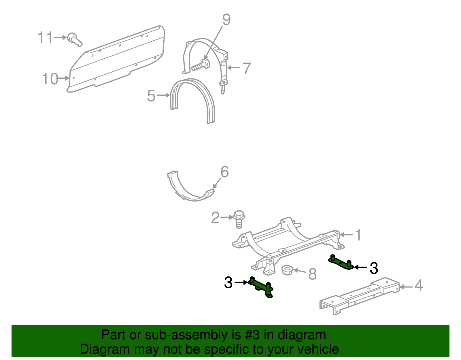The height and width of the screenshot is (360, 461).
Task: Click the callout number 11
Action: click(x=46, y=37)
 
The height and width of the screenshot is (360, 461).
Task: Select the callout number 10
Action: click(x=50, y=79)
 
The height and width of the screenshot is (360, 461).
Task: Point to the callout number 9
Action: click(x=226, y=20)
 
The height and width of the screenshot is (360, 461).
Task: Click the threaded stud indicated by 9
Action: click(x=199, y=67)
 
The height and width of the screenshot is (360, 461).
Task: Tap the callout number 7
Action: click(x=247, y=68)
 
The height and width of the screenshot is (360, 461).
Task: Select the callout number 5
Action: click(x=151, y=96)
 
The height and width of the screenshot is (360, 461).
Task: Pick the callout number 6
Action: click(x=224, y=172)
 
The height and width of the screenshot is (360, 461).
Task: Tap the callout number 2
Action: click(x=215, y=218)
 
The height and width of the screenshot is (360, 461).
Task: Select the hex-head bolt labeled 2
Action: click(x=239, y=219)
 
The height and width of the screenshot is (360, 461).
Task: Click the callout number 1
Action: click(x=358, y=235)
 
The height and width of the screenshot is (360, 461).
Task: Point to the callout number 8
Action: click(x=312, y=274)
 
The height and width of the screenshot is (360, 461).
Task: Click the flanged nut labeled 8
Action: click(x=287, y=270)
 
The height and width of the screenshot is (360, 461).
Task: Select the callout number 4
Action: click(x=419, y=285)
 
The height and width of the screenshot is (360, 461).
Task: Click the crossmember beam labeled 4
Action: click(x=360, y=295)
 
